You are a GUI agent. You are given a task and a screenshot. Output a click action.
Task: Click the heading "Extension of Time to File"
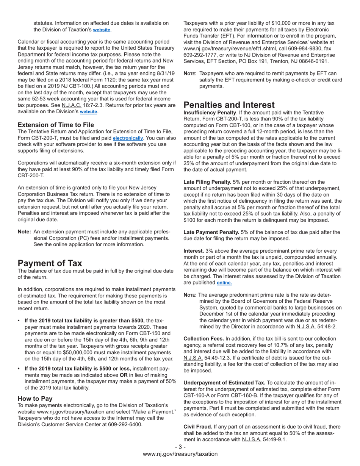56,125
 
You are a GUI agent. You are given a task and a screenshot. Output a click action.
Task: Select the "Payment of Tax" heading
50,263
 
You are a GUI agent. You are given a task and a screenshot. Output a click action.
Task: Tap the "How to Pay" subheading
35,399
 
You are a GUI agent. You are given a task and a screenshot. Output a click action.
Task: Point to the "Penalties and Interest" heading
229,105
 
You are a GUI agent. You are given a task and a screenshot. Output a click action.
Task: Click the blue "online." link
224,283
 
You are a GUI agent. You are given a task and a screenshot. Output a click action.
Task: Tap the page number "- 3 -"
180,447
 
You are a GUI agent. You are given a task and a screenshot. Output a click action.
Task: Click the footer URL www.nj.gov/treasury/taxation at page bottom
180,454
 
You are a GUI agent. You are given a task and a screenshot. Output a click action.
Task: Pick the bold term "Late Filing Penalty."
207,182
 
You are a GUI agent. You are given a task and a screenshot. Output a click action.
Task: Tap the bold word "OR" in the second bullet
124,375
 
